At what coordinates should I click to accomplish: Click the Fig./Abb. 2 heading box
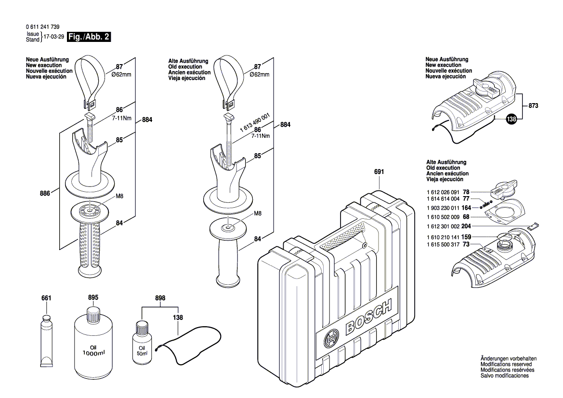90,37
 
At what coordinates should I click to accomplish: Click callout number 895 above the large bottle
93,298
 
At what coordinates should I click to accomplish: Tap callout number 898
161,298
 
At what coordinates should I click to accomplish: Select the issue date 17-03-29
53,37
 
